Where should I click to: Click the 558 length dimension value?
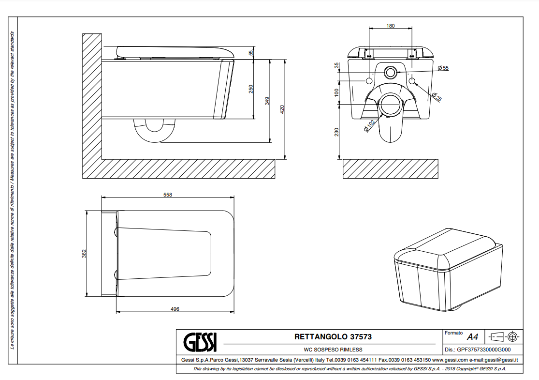[x=167, y=195]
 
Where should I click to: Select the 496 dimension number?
[x=175, y=309]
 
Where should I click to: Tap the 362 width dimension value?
[x=84, y=254]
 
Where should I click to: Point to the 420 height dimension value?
[x=282, y=109]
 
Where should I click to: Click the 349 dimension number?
[x=267, y=101]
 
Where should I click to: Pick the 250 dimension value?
[x=251, y=89]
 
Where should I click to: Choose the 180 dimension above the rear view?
[x=391, y=26]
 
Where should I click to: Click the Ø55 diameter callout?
[x=443, y=68]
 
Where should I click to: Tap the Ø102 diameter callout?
[x=369, y=126]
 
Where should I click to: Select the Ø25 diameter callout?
[x=437, y=97]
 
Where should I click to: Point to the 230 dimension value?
[x=336, y=132]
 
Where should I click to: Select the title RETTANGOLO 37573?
[x=333, y=336]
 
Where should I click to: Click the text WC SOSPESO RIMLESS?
[x=333, y=350]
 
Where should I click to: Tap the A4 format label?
[x=473, y=336]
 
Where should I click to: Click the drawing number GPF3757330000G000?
[x=484, y=350]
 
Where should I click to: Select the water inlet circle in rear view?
[x=390, y=72]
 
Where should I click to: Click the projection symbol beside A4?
[x=504, y=336]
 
